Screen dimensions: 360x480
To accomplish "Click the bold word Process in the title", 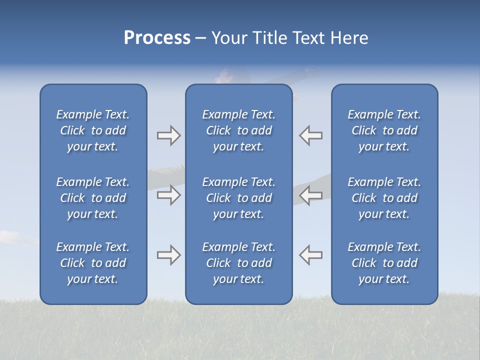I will pos(157,38).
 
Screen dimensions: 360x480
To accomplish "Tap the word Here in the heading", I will pos(349,38).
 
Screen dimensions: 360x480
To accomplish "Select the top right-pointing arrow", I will pos(168,135).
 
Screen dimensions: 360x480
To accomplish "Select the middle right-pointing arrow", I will pos(168,195).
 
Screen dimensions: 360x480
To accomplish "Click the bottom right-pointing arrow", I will pos(168,255).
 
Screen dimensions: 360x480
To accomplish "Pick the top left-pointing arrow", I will pos(311,135).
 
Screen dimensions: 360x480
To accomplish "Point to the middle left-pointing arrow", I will pos(311,195).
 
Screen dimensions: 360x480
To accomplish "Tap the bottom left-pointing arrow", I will pos(311,255).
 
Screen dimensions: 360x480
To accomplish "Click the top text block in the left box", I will pos(93,130).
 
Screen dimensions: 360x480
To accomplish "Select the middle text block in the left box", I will pos(93,198).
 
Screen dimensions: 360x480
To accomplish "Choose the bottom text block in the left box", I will pos(93,263).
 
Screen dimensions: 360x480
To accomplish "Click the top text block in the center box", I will pos(238,130).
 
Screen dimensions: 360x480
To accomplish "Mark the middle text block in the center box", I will pos(238,198).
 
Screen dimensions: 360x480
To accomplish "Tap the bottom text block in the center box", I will pos(238,263).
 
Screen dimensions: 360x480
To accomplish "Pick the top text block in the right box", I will pos(384,130).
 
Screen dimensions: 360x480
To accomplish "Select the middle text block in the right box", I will pos(384,198).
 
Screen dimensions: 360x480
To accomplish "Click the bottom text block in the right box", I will pos(384,263).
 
